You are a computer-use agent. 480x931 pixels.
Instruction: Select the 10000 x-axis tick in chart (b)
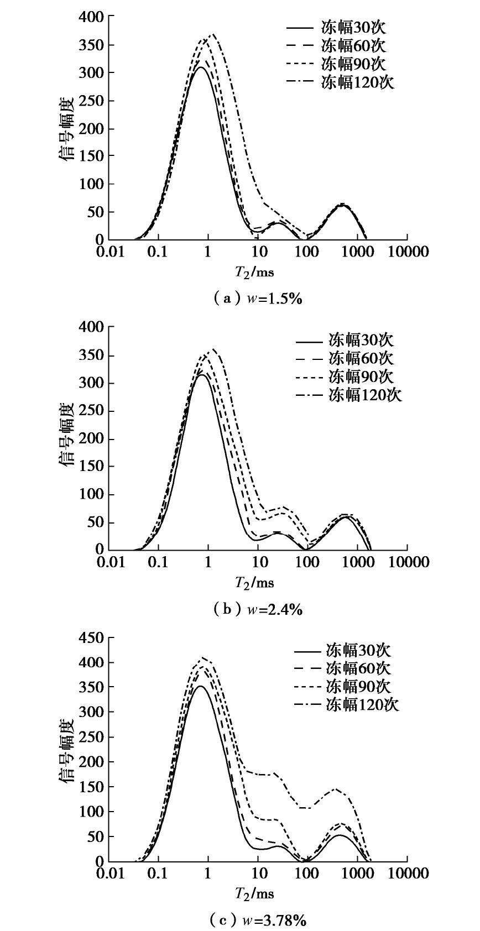coord(408,562)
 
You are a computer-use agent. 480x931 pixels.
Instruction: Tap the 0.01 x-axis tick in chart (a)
coord(109,252)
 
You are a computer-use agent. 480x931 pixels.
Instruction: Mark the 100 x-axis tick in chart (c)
coord(307,874)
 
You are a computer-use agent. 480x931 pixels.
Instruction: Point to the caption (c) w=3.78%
coord(258,920)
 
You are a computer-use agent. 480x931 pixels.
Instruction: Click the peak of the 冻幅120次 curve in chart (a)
coord(213,34)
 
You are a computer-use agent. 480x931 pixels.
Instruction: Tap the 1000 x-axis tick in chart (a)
coord(357,252)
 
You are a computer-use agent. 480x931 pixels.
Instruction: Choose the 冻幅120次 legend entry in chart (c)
coord(362,705)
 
